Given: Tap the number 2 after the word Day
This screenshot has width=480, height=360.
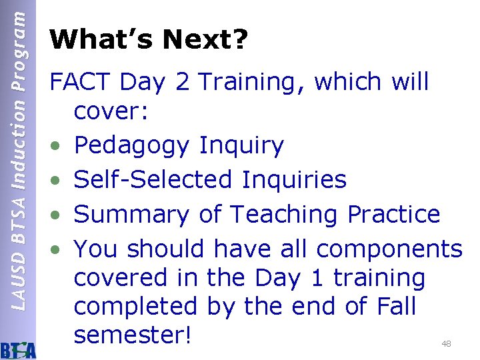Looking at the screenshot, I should coord(181,82).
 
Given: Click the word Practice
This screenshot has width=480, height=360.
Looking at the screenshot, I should coord(393,214).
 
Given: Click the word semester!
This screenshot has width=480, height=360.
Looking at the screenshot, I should coord(133,335).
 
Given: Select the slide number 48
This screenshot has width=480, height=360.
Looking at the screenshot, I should coord(446,344).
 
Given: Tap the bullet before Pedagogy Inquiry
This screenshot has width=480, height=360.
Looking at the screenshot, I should coord(58,146).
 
